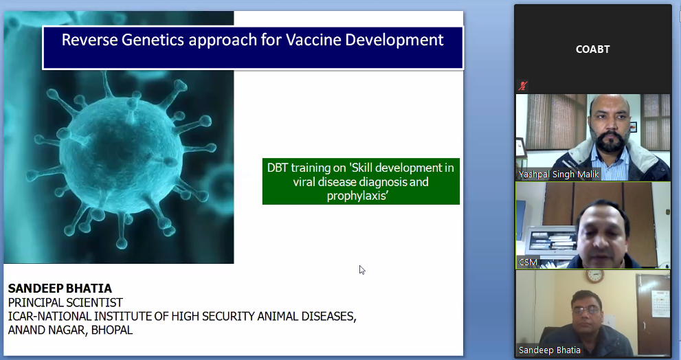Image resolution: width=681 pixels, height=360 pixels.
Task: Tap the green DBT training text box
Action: (x=361, y=181)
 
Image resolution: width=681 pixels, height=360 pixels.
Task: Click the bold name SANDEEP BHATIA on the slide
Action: (x=60, y=289)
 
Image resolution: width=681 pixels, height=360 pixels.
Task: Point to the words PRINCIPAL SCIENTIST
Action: (x=65, y=302)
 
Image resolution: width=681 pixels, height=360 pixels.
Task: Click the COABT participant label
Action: (x=593, y=49)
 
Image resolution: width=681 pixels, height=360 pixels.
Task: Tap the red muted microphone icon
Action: (x=523, y=86)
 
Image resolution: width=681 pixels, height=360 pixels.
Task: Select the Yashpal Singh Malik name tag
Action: (x=559, y=175)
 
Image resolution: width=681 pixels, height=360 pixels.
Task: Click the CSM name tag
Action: (x=528, y=262)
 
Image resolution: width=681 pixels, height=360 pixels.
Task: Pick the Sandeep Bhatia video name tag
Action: (x=549, y=350)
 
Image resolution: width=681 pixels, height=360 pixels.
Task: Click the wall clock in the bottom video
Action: (x=594, y=275)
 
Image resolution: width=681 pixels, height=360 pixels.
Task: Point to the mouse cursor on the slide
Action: (x=361, y=270)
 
